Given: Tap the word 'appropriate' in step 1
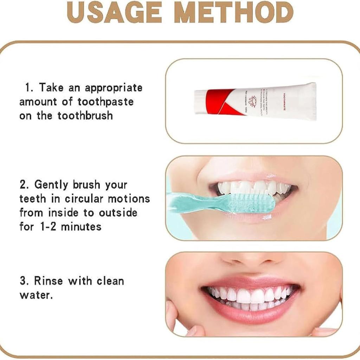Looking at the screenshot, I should [x=114, y=88].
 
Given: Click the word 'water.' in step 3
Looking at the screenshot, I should [x=36, y=295].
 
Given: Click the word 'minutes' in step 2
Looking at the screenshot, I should [x=81, y=227].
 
